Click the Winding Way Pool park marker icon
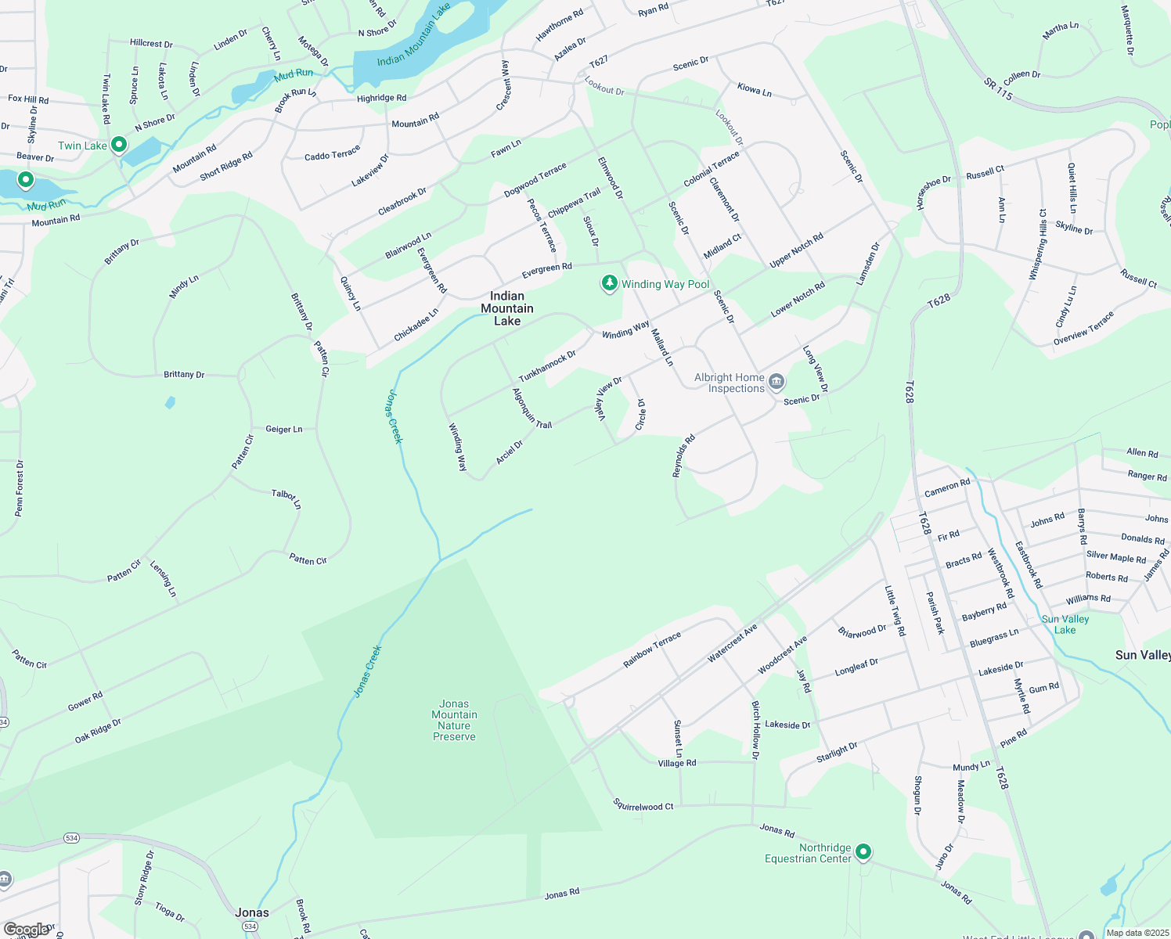pos(609,284)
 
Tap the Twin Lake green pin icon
pos(119,145)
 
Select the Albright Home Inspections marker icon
pos(776,382)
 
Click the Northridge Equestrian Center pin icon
pos(863,851)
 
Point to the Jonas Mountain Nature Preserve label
pos(454,720)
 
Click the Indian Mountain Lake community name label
pos(507,308)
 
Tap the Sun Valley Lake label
pos(1065,624)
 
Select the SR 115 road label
pos(998,88)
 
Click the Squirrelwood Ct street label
pos(643,805)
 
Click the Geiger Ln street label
pos(284,430)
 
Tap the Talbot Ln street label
pos(286,498)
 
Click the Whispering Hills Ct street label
pos(1038,245)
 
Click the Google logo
pos(27,930)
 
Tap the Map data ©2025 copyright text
pos(1137,933)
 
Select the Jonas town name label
pos(252,912)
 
